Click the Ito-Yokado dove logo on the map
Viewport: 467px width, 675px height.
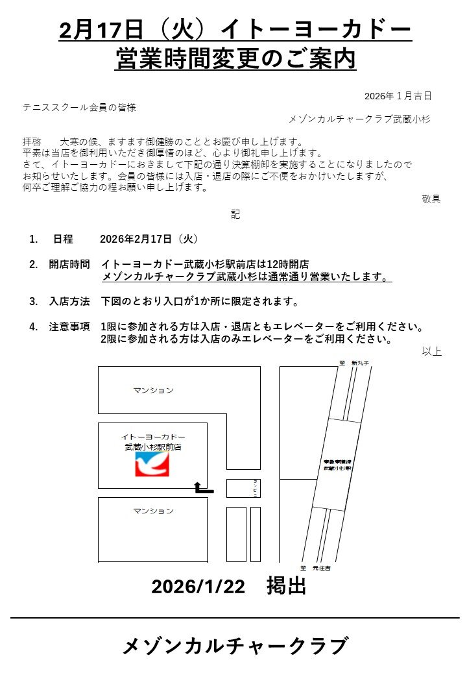pos(152,463)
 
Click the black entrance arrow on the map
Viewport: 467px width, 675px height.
pos(203,489)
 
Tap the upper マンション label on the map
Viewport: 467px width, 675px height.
pos(154,390)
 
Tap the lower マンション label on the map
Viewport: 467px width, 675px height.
pos(154,511)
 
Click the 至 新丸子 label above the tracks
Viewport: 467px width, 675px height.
pos(354,363)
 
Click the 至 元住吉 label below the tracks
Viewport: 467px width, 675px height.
pos(317,567)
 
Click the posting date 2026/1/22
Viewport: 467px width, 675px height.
pos(198,587)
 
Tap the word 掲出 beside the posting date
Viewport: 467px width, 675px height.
pos(286,586)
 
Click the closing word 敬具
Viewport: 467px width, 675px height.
pos(431,199)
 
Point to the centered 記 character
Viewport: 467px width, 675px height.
pos(235,214)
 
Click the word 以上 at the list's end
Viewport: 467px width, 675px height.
pos(432,351)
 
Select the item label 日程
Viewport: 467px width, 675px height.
pos(63,239)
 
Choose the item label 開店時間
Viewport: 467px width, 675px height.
pos(69,264)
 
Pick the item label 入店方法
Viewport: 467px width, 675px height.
pos(69,302)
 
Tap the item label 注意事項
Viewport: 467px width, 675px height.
pos(69,326)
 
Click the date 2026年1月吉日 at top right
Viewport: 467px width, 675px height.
pos(398,96)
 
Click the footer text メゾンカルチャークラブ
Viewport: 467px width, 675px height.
pos(235,646)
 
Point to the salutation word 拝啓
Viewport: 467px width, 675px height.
pos(32,141)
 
